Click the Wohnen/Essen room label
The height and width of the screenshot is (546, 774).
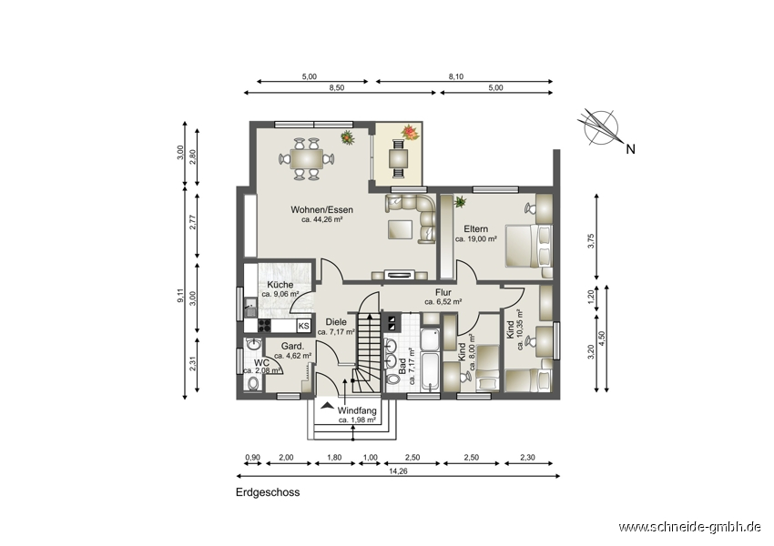point(321,209)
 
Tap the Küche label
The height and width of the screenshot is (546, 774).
point(280,285)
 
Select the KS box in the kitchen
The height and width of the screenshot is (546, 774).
point(303,326)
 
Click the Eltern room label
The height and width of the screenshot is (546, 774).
point(476,228)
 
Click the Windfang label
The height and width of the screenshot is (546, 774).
point(357,410)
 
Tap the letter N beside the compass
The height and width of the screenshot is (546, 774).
point(630,149)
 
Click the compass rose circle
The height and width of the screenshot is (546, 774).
point(600,127)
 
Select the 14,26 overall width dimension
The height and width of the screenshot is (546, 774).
point(398,471)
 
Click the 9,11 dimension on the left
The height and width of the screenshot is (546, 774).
point(181,295)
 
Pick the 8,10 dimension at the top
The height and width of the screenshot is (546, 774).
point(455,76)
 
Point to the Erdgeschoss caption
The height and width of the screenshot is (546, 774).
point(268,492)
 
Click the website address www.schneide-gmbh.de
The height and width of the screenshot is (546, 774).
point(689,527)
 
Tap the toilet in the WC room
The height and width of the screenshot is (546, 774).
point(254,383)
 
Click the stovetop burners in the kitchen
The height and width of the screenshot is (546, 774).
point(265,326)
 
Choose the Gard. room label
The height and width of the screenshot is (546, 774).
point(292,346)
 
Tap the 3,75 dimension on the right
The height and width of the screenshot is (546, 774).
point(591,240)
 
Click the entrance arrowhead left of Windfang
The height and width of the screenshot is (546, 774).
point(326,406)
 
